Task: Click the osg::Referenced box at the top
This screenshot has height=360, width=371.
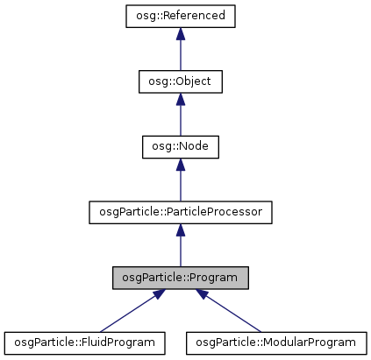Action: (x=180, y=16)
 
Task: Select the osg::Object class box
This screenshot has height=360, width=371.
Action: (x=180, y=81)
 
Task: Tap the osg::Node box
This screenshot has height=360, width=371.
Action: (x=180, y=146)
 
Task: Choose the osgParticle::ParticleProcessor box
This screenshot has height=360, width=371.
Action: (x=180, y=212)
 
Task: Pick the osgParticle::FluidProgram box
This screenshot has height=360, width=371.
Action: (x=86, y=342)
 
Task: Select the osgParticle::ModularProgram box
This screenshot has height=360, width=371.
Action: (x=275, y=342)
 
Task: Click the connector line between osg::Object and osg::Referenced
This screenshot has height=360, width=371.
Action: (x=180, y=54)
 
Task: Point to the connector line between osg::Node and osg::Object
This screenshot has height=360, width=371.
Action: (x=180, y=119)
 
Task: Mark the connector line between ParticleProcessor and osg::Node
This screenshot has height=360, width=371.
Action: (x=180, y=185)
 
